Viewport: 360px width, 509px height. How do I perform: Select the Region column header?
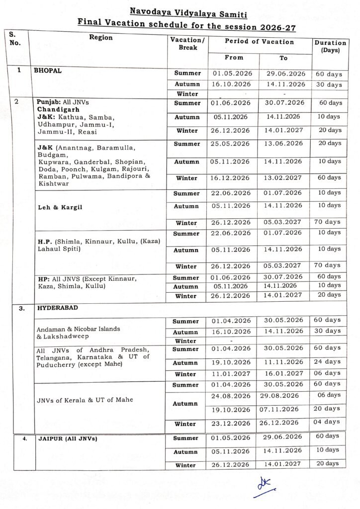[101, 38]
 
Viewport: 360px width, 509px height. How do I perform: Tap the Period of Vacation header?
[259, 42]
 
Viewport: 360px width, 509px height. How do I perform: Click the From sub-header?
[234, 58]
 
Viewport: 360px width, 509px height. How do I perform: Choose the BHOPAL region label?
[48, 71]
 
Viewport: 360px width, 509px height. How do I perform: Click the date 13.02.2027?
[283, 177]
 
